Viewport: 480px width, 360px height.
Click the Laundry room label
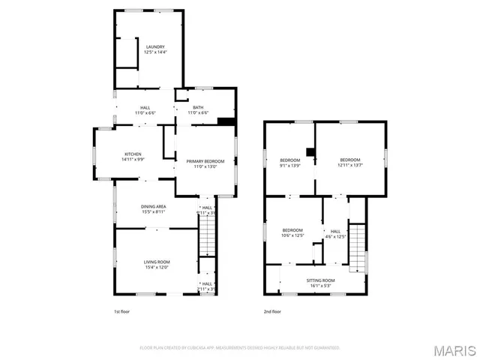point(155,49)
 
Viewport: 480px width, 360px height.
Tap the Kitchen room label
point(133,157)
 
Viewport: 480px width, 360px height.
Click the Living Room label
point(157,264)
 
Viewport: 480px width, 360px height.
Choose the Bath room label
point(198,109)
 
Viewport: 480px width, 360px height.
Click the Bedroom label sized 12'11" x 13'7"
point(350,162)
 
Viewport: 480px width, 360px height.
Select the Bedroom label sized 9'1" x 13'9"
point(290,162)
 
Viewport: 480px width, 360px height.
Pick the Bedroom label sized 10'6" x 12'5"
point(292,232)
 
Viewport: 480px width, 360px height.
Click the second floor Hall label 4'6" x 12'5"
point(335,233)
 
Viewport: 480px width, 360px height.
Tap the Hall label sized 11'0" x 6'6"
point(145,109)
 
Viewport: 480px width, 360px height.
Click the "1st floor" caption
point(121,311)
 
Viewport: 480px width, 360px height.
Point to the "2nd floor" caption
point(271,311)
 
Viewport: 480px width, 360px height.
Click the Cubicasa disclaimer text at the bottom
point(240,348)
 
